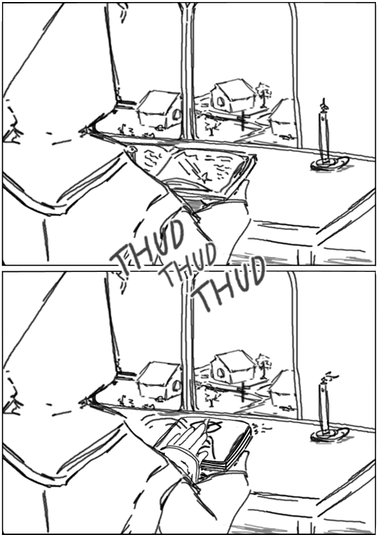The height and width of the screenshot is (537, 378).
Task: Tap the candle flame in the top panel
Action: tap(324, 104)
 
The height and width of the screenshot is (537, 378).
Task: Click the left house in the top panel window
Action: tap(159, 109)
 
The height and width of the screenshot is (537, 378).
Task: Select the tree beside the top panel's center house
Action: tap(264, 93)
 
